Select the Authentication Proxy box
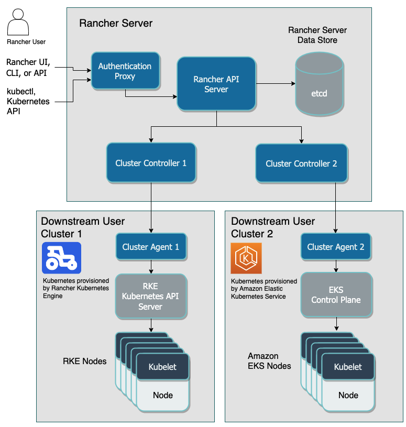[125, 71]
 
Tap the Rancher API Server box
[216, 84]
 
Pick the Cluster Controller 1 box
[151, 163]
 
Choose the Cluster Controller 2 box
[301, 163]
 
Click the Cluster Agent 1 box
[150, 247]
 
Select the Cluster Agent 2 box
[335, 247]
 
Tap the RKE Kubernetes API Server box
[150, 297]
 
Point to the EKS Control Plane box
[335, 295]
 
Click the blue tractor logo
[62, 258]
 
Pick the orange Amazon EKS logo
[246, 258]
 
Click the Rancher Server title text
[116, 23]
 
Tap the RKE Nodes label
[85, 361]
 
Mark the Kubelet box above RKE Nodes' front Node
[162, 367]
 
